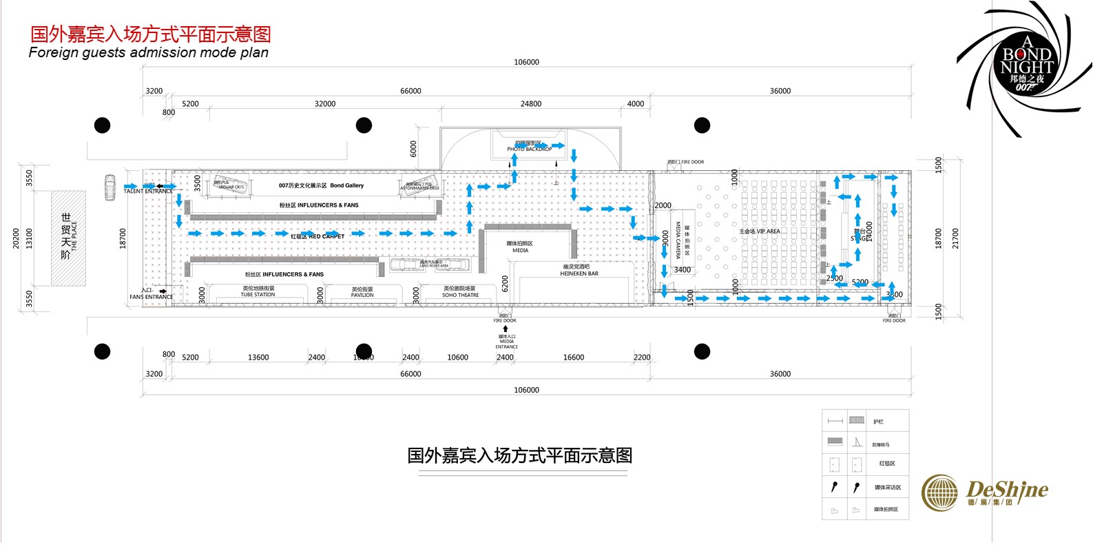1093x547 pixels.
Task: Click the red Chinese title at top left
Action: pos(150,34)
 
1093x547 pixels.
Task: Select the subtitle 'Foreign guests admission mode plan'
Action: pos(149,53)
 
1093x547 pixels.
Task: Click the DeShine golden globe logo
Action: pos(939,493)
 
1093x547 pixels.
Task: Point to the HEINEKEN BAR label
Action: pos(579,273)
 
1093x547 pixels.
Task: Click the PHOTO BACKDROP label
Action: pos(529,149)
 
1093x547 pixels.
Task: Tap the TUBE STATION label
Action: pos(258,295)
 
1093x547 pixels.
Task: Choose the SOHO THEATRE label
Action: pos(460,295)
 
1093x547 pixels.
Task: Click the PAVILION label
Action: pos(362,295)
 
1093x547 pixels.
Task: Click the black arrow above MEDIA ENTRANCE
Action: pos(506,329)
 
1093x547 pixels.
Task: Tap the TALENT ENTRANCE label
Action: pos(148,192)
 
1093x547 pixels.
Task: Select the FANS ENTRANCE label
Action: pos(151,297)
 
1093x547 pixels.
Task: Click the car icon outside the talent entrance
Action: pos(110,187)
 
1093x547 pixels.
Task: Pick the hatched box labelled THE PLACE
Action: pos(68,238)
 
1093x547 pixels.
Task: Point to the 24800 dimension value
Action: pos(530,104)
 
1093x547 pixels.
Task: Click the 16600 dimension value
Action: pos(573,358)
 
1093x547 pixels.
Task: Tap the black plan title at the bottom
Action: pos(519,455)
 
